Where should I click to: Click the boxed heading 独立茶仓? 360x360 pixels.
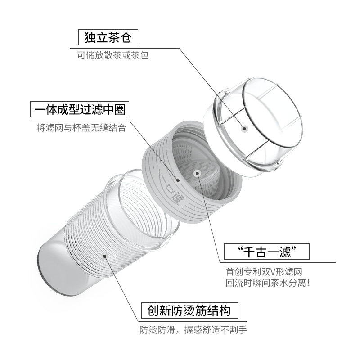(108, 37)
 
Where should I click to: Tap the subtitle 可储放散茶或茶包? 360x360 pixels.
(113, 55)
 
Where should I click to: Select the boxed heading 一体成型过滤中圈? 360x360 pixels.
(80, 109)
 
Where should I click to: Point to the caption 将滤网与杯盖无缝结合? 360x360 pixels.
(81, 128)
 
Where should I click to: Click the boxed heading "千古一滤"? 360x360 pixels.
(267, 252)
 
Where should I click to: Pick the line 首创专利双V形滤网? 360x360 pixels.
(264, 272)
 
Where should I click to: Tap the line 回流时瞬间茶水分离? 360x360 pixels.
(268, 283)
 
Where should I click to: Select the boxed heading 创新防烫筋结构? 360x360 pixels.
(189, 310)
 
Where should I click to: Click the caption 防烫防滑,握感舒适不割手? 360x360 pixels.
(193, 330)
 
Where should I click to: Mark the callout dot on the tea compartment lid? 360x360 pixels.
(244, 128)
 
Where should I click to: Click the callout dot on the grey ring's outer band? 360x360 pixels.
(178, 180)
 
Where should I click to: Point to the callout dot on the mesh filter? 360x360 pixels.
(197, 173)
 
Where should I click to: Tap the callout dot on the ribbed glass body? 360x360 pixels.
(104, 256)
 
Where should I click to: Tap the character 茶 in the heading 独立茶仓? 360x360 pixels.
(114, 37)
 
